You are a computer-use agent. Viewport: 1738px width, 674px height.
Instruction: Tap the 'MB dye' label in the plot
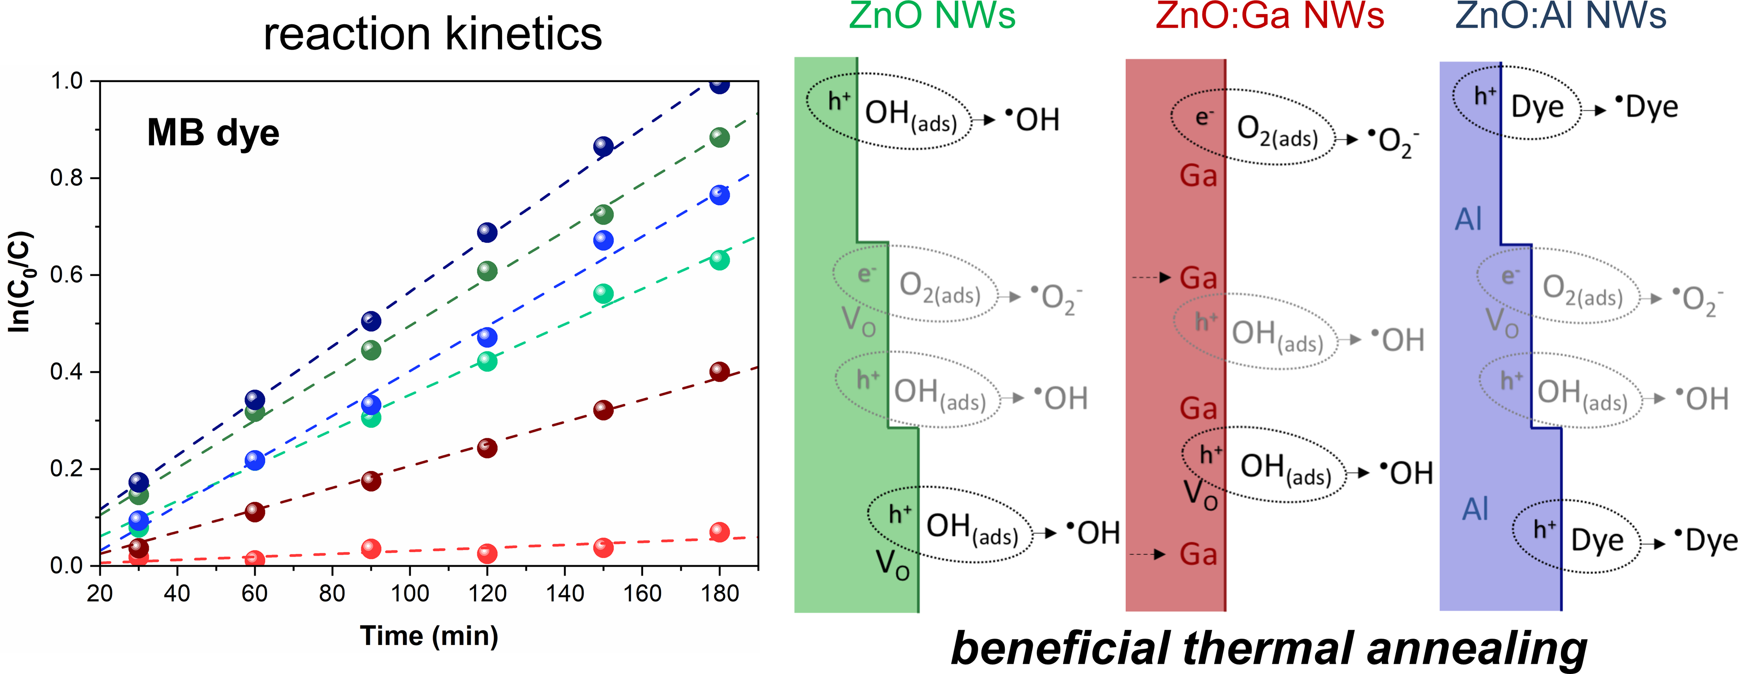[213, 132]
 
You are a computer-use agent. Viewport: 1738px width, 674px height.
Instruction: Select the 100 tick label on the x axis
[410, 594]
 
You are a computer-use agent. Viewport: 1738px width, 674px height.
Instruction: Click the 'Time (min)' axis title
[429, 636]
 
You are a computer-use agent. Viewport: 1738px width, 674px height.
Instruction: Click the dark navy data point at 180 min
[719, 84]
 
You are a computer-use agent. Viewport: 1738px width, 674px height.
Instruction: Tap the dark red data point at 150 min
[603, 410]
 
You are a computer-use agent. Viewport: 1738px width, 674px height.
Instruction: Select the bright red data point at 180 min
[719, 531]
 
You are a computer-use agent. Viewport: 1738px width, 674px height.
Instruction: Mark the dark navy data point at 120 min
[487, 232]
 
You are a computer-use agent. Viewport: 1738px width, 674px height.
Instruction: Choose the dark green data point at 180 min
[719, 138]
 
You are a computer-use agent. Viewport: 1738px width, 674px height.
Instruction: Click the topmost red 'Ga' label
[1198, 176]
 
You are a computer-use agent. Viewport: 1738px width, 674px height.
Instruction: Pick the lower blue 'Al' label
[1475, 509]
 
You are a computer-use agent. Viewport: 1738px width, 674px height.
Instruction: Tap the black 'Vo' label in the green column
[892, 564]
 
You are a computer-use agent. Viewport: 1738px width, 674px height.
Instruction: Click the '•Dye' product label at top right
[1646, 107]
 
